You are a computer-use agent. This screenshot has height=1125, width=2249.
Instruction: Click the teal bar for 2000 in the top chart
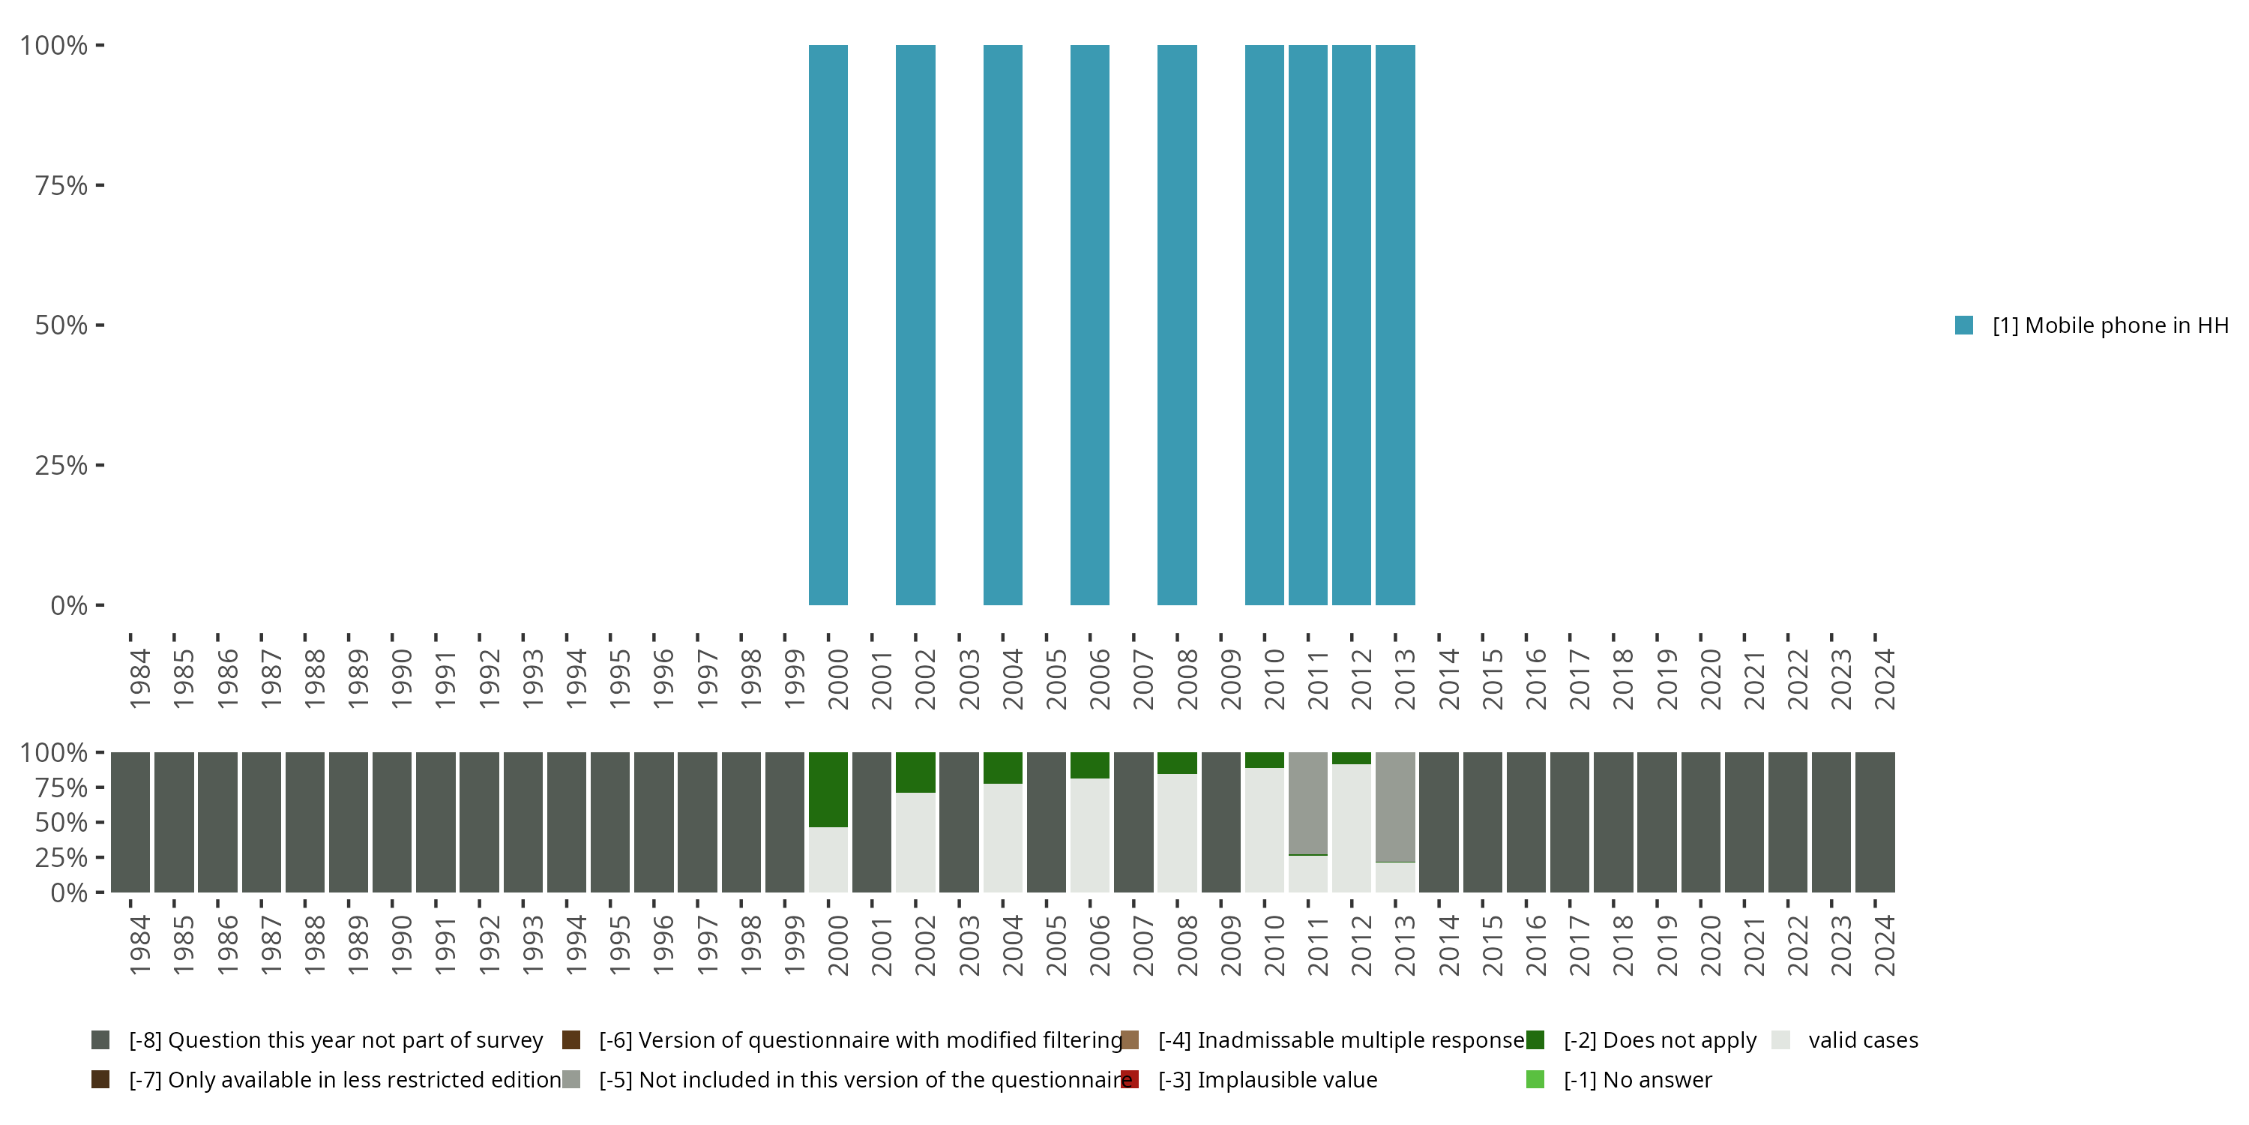(x=828, y=325)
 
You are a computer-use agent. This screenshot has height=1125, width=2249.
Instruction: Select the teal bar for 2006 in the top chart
(x=1089, y=325)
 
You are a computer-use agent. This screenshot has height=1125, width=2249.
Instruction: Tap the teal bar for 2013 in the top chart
(x=1395, y=325)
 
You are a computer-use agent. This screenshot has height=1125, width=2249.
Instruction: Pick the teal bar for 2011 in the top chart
(x=1308, y=325)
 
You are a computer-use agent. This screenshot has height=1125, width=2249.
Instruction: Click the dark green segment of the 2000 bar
(x=828, y=789)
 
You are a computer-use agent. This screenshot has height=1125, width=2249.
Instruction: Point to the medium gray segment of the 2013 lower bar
(x=1395, y=806)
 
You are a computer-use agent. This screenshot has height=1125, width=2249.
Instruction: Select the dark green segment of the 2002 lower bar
(x=915, y=772)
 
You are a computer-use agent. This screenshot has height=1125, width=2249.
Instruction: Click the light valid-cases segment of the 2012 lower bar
(x=1352, y=828)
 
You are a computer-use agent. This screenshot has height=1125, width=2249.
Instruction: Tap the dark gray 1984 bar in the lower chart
(x=130, y=822)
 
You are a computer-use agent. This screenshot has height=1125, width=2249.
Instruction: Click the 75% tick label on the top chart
(x=61, y=185)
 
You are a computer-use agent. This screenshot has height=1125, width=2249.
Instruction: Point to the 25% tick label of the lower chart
(x=61, y=856)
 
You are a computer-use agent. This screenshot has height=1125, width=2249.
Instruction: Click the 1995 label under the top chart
(x=619, y=679)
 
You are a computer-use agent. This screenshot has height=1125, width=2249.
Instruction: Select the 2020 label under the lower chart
(x=1709, y=945)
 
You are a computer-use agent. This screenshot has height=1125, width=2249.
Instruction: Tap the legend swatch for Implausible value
(x=1130, y=1079)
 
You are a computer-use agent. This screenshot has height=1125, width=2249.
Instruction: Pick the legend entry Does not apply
(x=1659, y=1040)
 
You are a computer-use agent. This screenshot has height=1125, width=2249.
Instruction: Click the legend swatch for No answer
(x=1535, y=1079)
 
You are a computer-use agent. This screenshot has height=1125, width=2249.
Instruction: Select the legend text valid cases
(x=1863, y=1040)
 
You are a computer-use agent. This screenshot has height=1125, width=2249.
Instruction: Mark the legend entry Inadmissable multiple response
(x=1340, y=1040)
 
